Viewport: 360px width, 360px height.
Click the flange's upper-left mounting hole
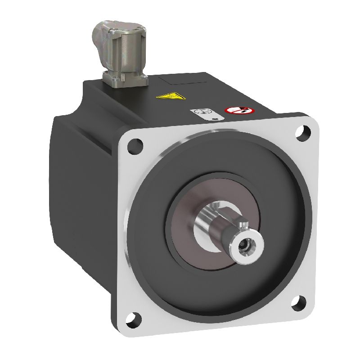[135, 145]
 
